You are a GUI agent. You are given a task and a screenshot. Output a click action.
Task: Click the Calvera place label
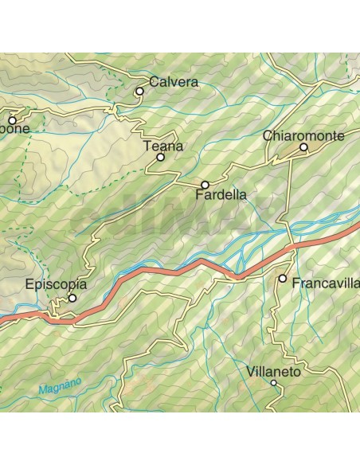pos(173,82)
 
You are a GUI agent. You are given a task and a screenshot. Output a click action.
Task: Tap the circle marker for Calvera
pos(139,92)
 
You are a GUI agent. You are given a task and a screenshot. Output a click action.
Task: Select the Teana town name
pos(162,146)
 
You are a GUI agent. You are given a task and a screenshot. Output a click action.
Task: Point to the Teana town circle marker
pos(160,158)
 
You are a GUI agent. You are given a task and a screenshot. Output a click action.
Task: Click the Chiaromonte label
pos(303,136)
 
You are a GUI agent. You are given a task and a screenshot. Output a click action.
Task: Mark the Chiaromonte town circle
pos(303,148)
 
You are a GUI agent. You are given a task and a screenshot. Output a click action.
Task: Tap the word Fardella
pos(221,193)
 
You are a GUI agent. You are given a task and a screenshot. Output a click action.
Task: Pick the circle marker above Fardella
pos(205,185)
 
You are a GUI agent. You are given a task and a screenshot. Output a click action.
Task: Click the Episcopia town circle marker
pos(72,299)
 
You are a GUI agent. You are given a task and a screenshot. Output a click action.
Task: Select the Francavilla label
pos(325,283)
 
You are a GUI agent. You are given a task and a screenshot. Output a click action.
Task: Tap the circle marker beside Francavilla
pos(283,279)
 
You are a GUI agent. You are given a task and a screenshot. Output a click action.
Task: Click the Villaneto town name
pos(272,371)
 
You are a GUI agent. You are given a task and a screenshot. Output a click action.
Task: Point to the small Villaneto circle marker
pos(273,383)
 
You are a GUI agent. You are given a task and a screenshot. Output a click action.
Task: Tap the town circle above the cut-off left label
pos(12,120)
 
